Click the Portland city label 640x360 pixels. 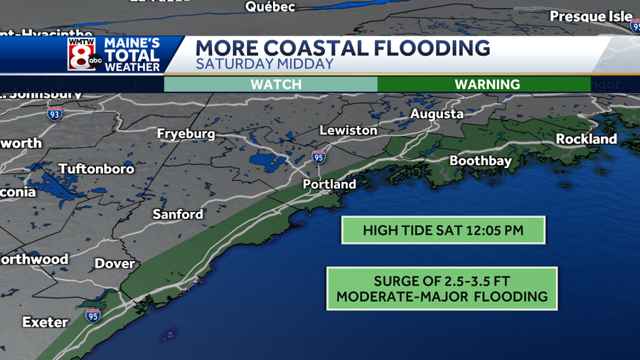coord(329,184)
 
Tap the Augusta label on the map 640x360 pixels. coord(437,114)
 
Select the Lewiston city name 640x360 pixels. coord(348,131)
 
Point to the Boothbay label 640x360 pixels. coord(480,161)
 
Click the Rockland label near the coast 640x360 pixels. coord(586,139)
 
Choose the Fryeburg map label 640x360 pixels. coord(186,134)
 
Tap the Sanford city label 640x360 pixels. coord(178,214)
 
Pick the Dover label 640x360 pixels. coord(114,264)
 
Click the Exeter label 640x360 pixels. coord(46,322)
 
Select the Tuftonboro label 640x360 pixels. coord(96,169)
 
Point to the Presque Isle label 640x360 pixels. coord(591,16)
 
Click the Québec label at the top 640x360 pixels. coord(270,6)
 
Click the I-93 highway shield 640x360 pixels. coord(55,113)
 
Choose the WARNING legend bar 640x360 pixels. coord(487,84)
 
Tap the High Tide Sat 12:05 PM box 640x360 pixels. coord(443,231)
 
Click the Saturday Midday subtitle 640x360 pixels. coord(265,64)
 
